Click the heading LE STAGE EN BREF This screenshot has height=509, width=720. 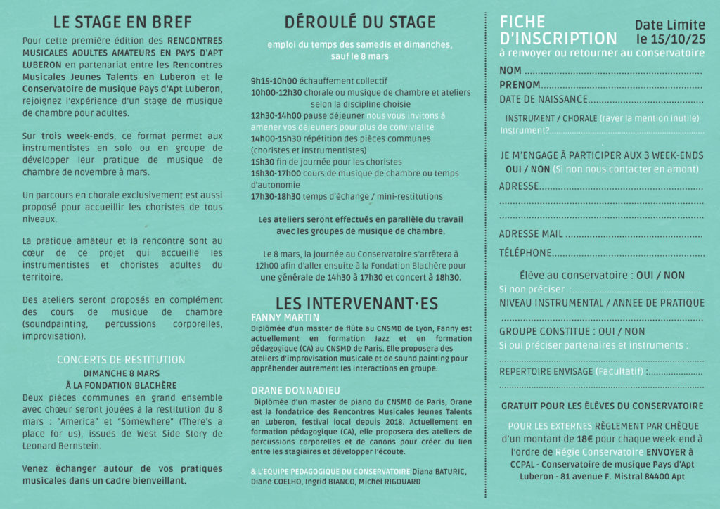(x=122, y=22)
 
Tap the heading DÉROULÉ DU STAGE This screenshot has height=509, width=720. (x=360, y=22)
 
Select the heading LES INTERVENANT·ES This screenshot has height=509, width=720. (x=356, y=304)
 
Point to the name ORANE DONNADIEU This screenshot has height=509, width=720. (x=295, y=390)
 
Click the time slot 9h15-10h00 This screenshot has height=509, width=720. (x=274, y=81)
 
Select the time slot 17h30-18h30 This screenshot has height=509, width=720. (x=276, y=197)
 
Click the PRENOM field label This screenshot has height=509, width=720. (x=520, y=85)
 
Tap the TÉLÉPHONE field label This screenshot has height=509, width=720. (x=525, y=253)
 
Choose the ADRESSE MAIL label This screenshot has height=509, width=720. (x=531, y=234)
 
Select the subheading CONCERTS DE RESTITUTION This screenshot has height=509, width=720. (x=121, y=360)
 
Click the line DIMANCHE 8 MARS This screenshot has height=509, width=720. (x=121, y=373)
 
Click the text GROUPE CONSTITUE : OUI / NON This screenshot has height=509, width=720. (x=572, y=331)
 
